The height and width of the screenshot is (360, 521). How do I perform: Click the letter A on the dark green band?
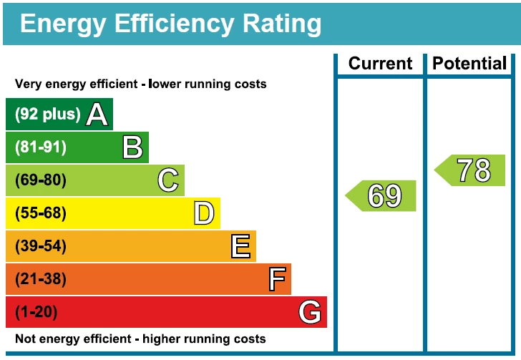pos(97,115)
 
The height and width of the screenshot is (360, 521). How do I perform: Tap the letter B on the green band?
pos(132,147)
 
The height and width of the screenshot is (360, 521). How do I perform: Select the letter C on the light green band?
pos(168,180)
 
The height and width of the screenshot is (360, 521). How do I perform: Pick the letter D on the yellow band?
pos(204,213)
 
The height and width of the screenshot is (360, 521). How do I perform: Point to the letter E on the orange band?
pos(240,246)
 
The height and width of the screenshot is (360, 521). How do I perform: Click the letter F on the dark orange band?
pos(277,279)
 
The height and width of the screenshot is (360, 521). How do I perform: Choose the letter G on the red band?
pos(309,312)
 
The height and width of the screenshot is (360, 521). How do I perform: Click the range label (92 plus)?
pos(47,115)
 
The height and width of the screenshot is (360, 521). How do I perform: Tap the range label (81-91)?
pos(40,147)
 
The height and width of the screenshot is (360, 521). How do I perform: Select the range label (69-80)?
pos(40,180)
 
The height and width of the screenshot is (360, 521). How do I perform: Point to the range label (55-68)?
pos(40,213)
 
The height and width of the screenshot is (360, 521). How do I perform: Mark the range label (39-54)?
pos(40,246)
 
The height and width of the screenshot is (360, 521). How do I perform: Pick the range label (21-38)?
pos(40,279)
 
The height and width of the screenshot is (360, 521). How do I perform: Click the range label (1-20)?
pos(36,312)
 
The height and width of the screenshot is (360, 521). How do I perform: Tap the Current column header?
pos(381,64)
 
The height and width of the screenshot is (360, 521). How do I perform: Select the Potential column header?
pos(469,64)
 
